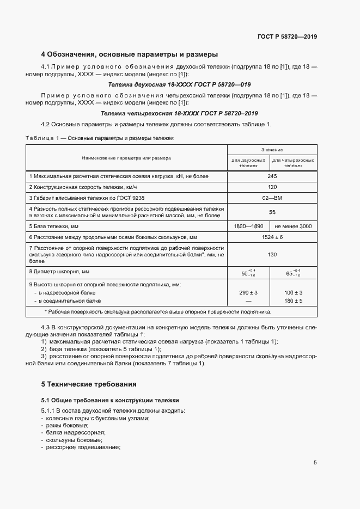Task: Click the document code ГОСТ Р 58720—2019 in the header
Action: click(x=287, y=36)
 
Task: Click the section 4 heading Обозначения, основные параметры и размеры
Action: click(x=130, y=54)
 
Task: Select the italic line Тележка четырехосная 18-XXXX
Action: click(x=179, y=113)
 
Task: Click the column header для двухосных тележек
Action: click(x=248, y=163)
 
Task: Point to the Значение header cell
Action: click(x=271, y=149)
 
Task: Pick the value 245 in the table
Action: click(x=271, y=176)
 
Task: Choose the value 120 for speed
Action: click(x=271, y=187)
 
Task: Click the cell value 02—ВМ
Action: click(x=271, y=198)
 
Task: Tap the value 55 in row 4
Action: click(x=271, y=212)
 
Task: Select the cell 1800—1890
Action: click(x=248, y=226)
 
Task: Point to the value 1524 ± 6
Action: click(x=271, y=237)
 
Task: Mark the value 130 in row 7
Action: click(x=271, y=254)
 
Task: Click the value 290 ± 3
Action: click(x=248, y=293)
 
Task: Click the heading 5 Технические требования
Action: click(x=89, y=384)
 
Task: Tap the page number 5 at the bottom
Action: click(x=315, y=463)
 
